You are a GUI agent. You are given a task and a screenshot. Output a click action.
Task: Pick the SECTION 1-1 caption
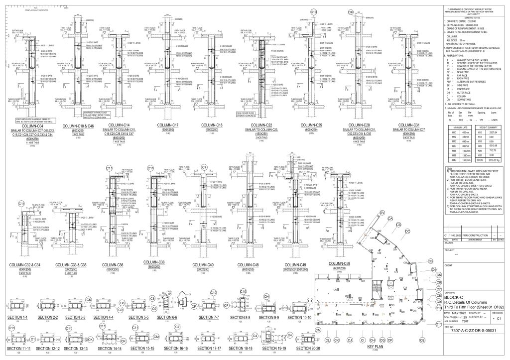(18, 317)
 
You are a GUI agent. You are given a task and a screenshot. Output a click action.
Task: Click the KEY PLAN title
(376, 346)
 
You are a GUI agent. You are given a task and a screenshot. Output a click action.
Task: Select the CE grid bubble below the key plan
(422, 340)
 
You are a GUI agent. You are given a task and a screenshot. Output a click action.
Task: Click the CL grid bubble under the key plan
(328, 340)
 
